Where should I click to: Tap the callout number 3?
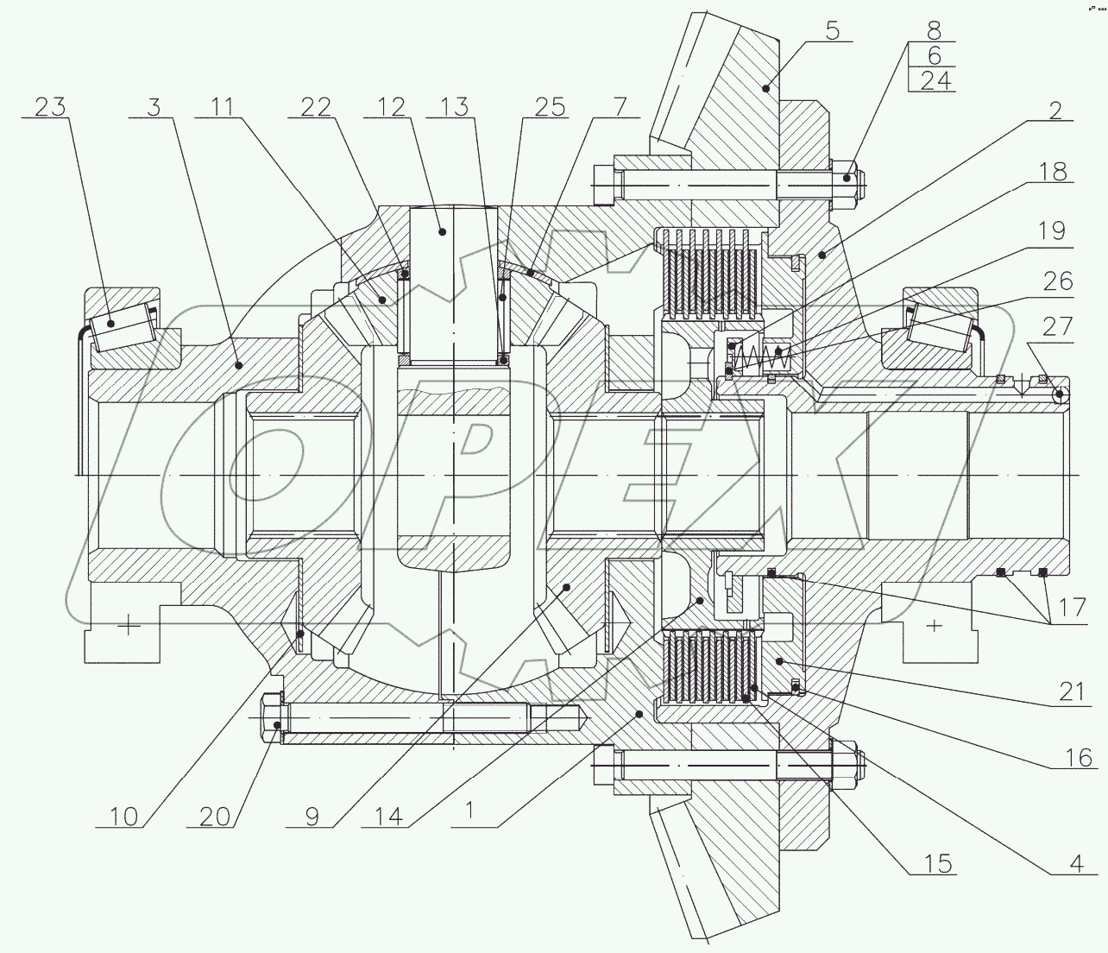click(x=154, y=107)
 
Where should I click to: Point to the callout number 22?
click(x=316, y=107)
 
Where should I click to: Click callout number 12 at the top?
click(x=390, y=107)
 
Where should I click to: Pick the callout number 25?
click(x=550, y=107)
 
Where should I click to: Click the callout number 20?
click(x=215, y=816)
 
